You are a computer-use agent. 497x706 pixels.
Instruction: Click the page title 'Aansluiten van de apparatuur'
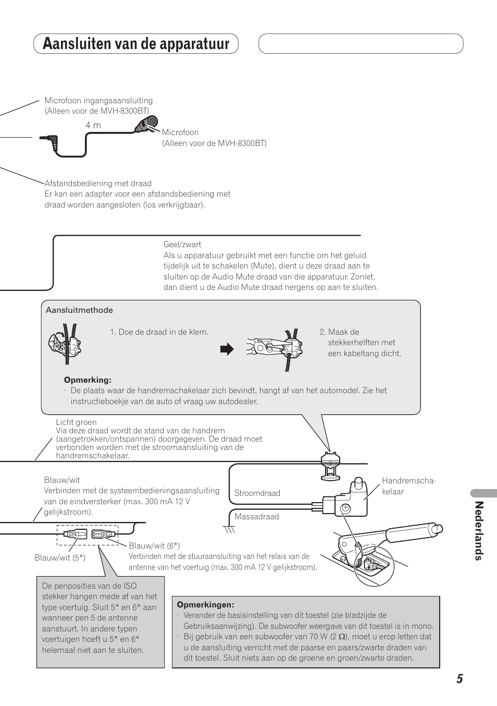tap(136, 44)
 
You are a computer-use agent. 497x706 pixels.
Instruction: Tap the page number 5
tap(459, 678)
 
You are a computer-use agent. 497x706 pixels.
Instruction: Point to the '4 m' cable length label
tap(93, 125)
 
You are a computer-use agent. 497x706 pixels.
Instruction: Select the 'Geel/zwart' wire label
tap(182, 244)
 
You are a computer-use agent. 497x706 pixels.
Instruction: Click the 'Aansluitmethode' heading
tap(79, 310)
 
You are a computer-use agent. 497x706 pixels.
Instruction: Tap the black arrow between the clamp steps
tap(227, 349)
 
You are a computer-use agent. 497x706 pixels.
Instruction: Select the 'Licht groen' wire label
tap(76, 422)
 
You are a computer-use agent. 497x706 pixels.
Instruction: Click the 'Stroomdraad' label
tap(257, 493)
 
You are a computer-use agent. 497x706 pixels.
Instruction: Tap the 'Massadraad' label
tap(256, 517)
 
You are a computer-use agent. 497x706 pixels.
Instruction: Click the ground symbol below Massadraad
tap(229, 529)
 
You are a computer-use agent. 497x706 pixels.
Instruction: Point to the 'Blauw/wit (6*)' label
tap(154, 545)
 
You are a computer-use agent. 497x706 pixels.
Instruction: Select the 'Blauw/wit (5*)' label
tap(60, 558)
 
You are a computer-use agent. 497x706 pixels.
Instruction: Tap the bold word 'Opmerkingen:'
tap(205, 605)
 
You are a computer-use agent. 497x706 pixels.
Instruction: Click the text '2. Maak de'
tap(339, 332)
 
